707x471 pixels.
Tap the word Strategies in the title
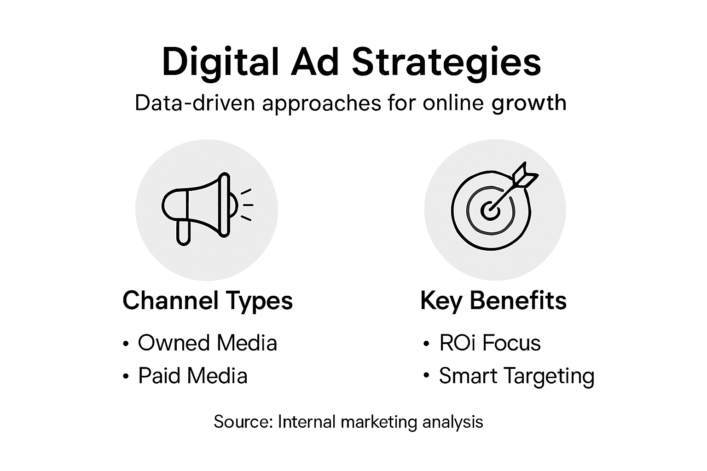point(446,63)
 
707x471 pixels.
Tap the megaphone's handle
point(183,232)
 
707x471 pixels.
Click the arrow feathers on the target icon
point(526,175)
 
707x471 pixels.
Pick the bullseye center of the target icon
point(490,211)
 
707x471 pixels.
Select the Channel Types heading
point(208,301)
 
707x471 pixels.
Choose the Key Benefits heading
point(493,301)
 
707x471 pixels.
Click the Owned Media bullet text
point(208,343)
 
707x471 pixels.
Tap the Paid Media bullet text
point(193,376)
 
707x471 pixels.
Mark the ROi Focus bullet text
point(490,343)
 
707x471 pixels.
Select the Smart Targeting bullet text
point(516,376)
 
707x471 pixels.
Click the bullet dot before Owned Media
point(126,344)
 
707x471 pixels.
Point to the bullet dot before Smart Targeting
point(426,377)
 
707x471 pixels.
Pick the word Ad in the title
point(315,63)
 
